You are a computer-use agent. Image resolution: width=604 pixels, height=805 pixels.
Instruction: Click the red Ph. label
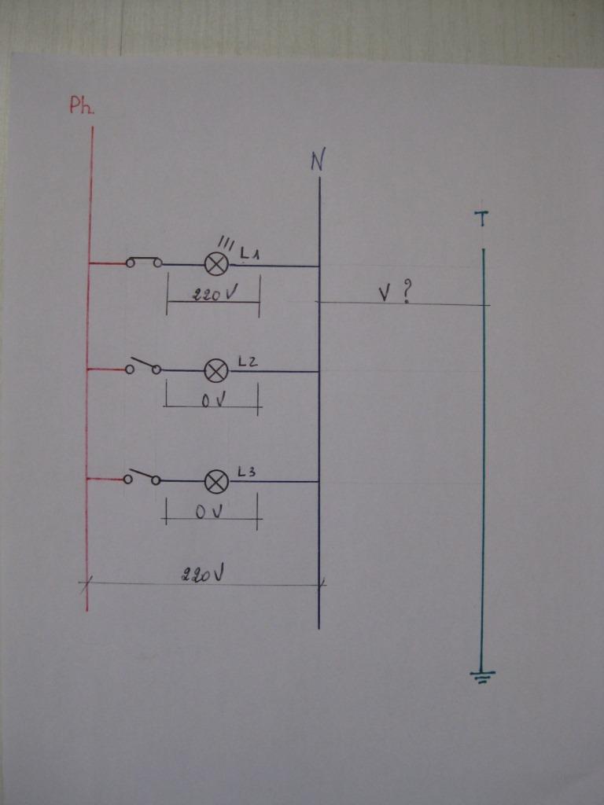point(81,106)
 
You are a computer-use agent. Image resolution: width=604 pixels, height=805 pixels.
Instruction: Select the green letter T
point(482,219)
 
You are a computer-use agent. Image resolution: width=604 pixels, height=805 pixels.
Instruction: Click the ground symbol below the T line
point(482,676)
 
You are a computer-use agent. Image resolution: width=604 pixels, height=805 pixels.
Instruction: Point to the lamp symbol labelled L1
point(216,264)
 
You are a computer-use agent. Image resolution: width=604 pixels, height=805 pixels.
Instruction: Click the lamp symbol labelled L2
point(216,370)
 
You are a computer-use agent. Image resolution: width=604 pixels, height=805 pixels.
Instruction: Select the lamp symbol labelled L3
point(216,480)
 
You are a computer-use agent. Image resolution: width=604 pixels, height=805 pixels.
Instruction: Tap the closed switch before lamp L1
point(144,262)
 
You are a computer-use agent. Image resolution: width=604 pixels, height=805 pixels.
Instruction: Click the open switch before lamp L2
point(144,366)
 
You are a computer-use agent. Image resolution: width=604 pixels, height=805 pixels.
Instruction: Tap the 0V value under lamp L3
point(212,513)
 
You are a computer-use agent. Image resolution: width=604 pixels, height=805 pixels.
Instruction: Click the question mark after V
point(407,292)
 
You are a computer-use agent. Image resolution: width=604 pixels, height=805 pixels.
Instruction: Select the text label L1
point(250,254)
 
